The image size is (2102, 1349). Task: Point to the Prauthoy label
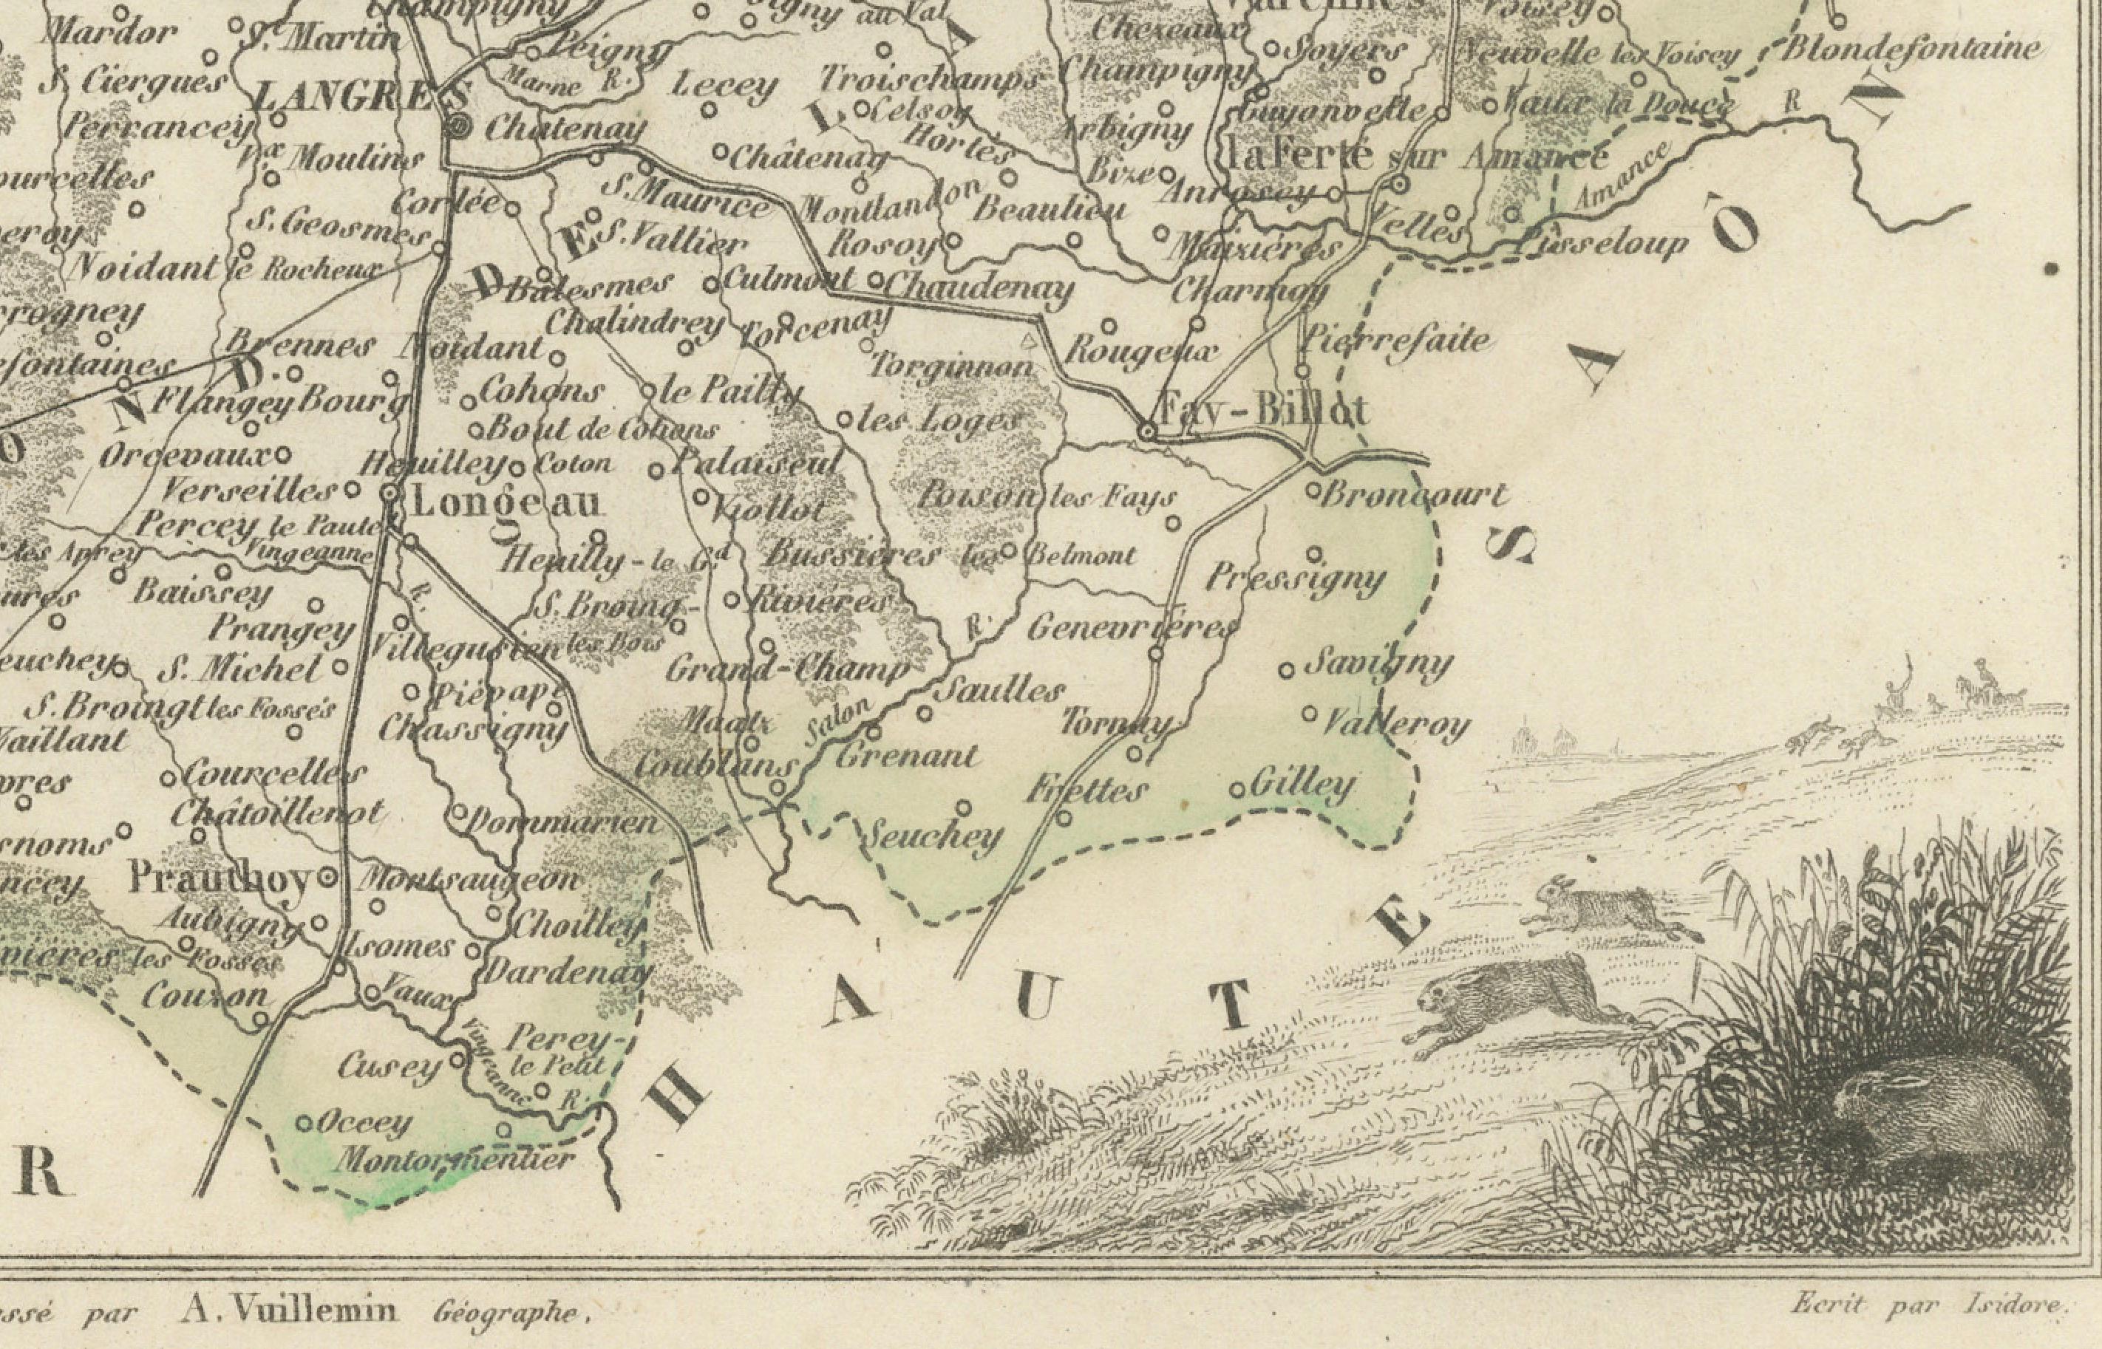tap(219, 877)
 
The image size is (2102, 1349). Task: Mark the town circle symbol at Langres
tap(459, 128)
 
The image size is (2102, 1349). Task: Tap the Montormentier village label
tap(455, 1161)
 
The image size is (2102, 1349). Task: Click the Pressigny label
tap(1297, 578)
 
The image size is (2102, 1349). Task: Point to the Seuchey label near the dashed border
tap(933, 836)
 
